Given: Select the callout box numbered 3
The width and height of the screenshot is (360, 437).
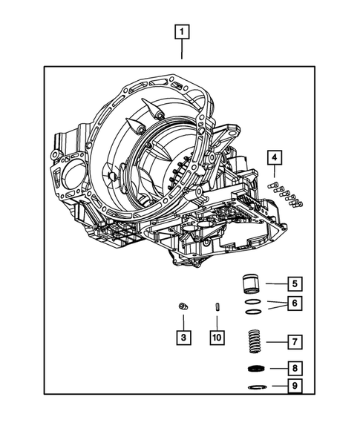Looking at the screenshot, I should [x=183, y=338].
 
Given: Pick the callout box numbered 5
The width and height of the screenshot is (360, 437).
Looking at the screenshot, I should [x=294, y=283].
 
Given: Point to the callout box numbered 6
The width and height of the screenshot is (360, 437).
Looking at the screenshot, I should [x=294, y=303].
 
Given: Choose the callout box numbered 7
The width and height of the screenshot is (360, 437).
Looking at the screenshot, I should [x=294, y=342].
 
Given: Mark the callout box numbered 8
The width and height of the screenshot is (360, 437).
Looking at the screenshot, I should [x=294, y=367].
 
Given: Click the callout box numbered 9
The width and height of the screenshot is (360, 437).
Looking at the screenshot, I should [x=294, y=386].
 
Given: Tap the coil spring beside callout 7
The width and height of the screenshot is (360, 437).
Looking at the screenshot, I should [x=255, y=342].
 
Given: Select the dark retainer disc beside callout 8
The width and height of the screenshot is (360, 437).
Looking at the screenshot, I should [x=255, y=369].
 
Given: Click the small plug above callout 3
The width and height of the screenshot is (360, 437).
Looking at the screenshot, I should [x=182, y=306].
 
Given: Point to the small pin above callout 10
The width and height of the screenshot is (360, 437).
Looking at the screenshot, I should [x=215, y=306].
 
